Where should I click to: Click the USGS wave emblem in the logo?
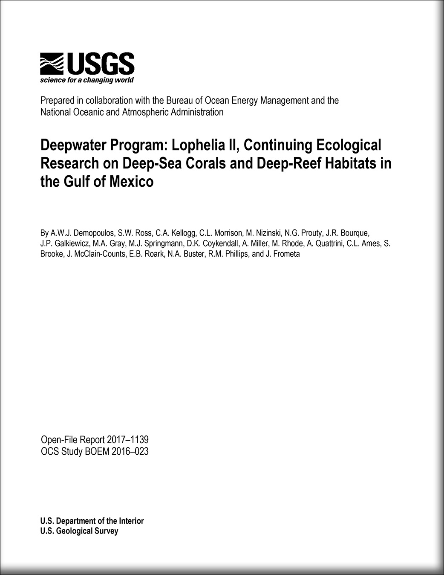click(x=52, y=64)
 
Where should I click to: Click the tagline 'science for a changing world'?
click(x=86, y=80)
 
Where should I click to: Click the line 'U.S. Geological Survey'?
click(x=79, y=531)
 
